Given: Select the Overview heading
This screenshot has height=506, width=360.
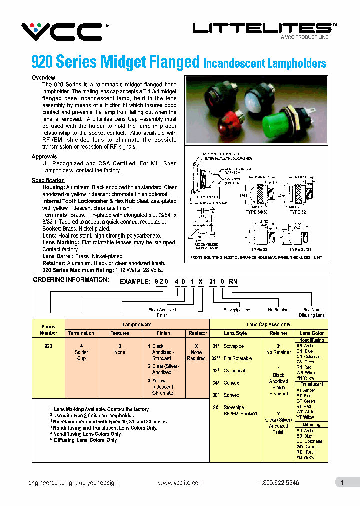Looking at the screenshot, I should tap(43, 78).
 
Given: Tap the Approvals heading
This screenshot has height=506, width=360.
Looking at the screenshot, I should tap(44, 157).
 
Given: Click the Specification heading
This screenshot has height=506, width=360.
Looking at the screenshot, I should tap(48, 180).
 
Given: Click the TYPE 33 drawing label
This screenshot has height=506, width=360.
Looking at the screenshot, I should tap(259, 249).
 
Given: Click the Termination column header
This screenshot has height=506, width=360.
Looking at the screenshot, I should tap(81, 333).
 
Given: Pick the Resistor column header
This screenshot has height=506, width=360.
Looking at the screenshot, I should tap(197, 333).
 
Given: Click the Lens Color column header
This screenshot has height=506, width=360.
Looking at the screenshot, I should tap(312, 333).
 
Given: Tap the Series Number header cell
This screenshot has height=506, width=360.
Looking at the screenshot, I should tap(48, 330).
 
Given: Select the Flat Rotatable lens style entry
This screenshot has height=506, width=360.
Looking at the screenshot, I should tap(237, 359).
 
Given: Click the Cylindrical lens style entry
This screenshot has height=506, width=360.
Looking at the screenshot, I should tap(234, 371).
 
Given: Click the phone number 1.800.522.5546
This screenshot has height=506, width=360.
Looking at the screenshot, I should tap(279, 483).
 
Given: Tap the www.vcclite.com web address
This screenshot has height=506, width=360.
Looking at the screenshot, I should tap(181, 483).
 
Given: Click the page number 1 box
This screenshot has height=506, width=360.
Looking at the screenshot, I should tap(342, 483).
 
